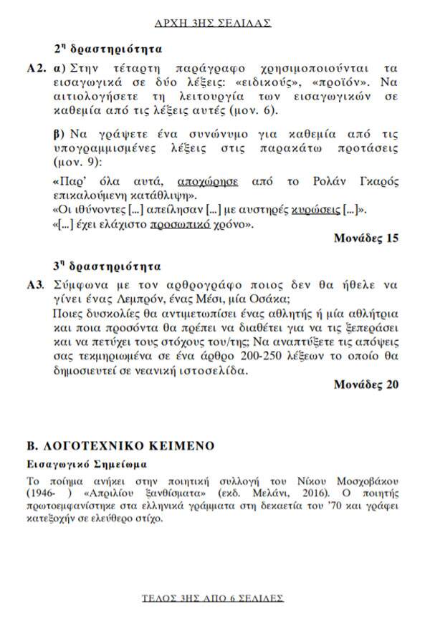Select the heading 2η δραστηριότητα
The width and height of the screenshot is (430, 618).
[x=108, y=50]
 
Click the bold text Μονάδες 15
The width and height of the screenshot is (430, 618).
[x=365, y=239]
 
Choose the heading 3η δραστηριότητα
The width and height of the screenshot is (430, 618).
[x=108, y=266]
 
